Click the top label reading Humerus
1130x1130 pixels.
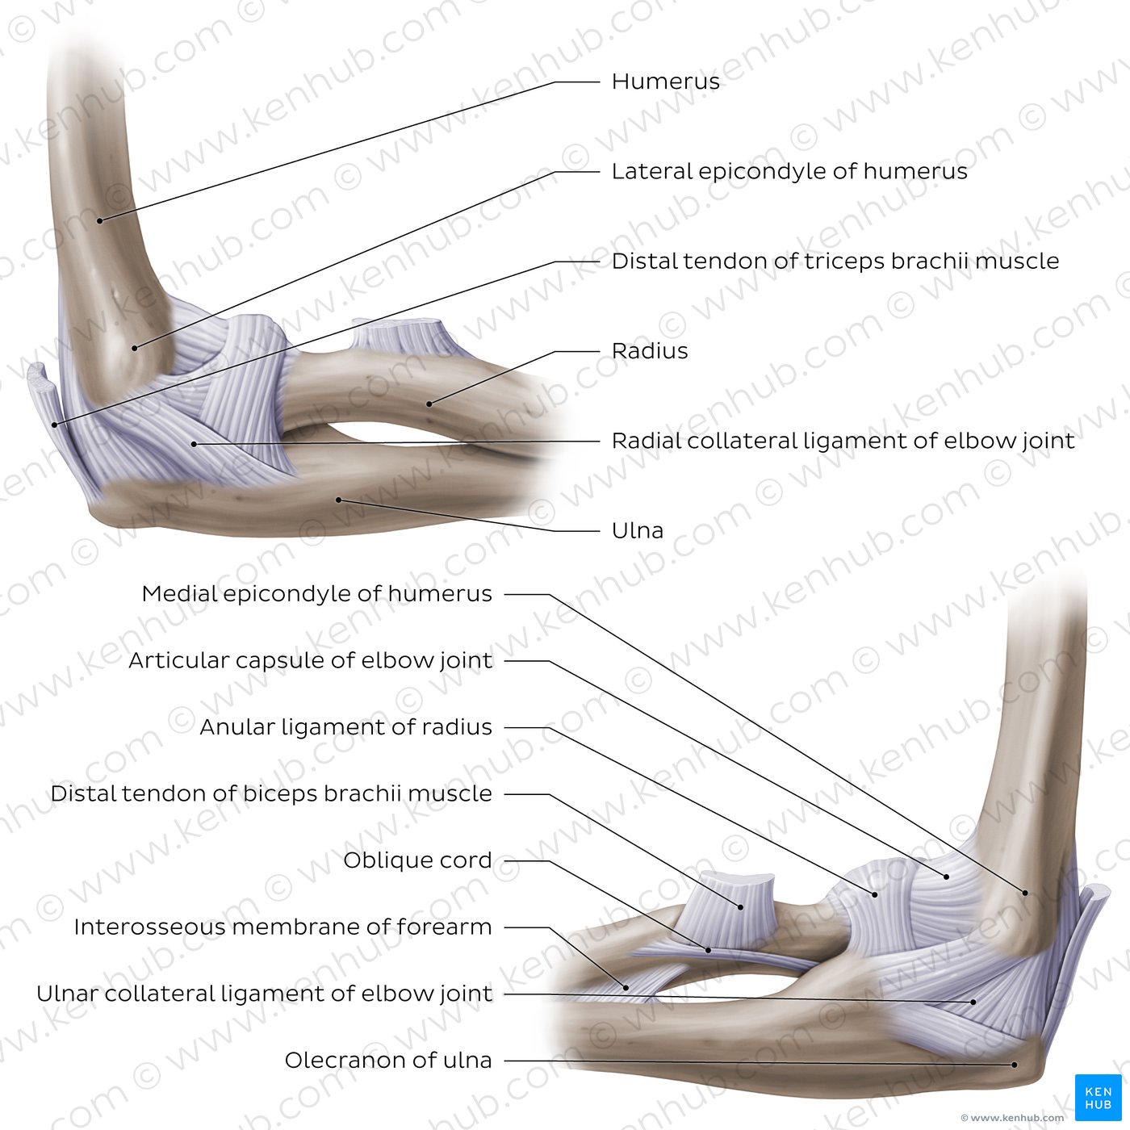click(x=665, y=82)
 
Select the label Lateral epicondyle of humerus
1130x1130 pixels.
click(x=789, y=171)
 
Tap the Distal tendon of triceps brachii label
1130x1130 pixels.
click(x=835, y=261)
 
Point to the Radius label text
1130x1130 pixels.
click(x=650, y=350)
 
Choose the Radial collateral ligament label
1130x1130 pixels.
click(x=843, y=441)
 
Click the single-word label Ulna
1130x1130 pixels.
click(x=638, y=530)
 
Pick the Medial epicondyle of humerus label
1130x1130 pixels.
click(x=316, y=594)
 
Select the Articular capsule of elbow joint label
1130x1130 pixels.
click(x=310, y=660)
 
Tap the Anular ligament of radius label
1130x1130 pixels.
click(x=346, y=727)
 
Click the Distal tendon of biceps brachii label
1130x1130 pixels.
click(x=271, y=793)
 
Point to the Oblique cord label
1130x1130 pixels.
click(x=417, y=860)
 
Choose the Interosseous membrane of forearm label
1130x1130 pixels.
click(x=282, y=927)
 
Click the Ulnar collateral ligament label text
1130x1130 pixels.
click(x=265, y=994)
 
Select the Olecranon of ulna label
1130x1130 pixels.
click(x=388, y=1061)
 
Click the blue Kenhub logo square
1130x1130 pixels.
click(x=1099, y=1098)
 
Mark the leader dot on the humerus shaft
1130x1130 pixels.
click(x=100, y=220)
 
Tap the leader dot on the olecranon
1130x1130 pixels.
click(x=1015, y=1065)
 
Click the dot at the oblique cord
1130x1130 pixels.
click(x=709, y=950)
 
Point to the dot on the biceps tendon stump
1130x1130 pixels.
click(x=741, y=907)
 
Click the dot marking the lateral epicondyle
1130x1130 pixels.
click(x=134, y=348)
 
